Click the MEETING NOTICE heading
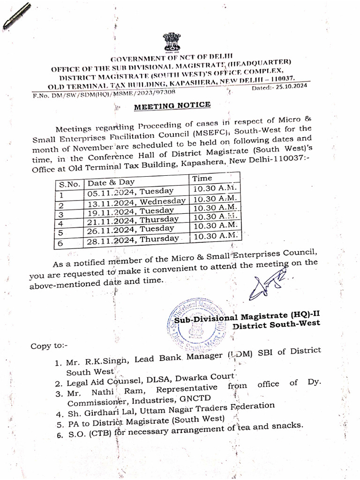pyautogui.click(x=172, y=106)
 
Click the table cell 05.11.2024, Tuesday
pyautogui.click(x=131, y=192)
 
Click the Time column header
pyautogui.click(x=202, y=178)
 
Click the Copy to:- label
pyautogui.click(x=49, y=346)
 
